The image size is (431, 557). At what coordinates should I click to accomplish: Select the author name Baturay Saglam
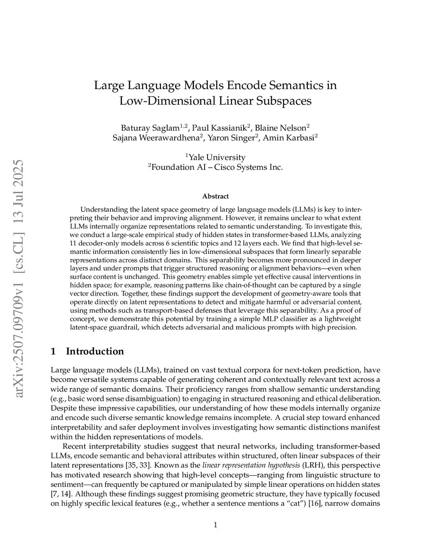[150, 128]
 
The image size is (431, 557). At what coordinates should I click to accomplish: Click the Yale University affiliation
[216, 157]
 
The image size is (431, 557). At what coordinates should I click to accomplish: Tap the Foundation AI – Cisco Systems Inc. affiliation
[216, 167]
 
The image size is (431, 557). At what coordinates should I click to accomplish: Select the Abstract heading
[215, 196]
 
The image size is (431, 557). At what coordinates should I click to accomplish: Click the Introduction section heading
[95, 351]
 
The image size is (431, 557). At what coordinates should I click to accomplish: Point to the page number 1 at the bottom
[215, 525]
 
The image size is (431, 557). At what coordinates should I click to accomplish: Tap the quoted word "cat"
[296, 503]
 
